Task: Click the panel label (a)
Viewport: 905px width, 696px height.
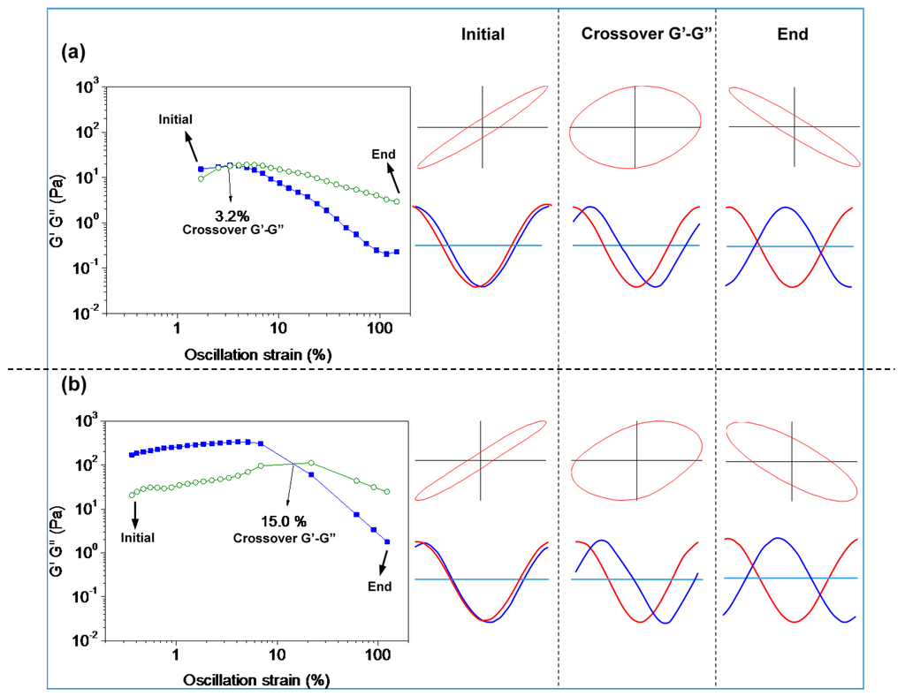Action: pos(73,52)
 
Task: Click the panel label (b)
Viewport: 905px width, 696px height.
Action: pos(74,384)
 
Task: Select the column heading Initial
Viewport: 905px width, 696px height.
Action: pos(483,34)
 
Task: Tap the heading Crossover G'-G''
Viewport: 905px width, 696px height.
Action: pos(647,34)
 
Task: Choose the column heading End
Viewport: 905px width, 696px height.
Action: pos(793,34)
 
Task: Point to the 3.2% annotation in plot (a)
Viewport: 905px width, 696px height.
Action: pos(232,216)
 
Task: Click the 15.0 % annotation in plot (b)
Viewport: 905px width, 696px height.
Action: pos(284,521)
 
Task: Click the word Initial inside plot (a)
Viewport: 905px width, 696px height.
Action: pos(176,119)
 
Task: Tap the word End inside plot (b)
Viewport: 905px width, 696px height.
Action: pos(380,586)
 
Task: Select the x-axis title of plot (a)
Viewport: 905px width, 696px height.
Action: pos(258,354)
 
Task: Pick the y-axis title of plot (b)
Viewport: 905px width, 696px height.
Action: pos(57,533)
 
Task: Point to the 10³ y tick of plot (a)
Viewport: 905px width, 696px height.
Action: pos(87,87)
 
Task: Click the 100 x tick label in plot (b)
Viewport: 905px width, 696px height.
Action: pos(378,655)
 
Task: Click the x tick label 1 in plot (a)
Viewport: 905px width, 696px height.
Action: pos(177,329)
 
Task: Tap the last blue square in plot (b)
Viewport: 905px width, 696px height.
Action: pos(387,542)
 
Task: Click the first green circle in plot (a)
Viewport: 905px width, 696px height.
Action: pos(201,178)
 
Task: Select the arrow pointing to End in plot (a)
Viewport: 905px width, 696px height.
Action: pos(392,178)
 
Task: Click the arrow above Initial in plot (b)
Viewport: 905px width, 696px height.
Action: pos(135,514)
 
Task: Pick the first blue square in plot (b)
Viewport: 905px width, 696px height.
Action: pos(132,455)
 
